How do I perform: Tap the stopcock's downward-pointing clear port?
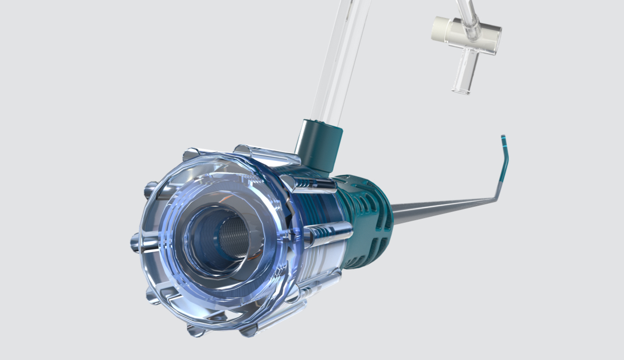point(464,72)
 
